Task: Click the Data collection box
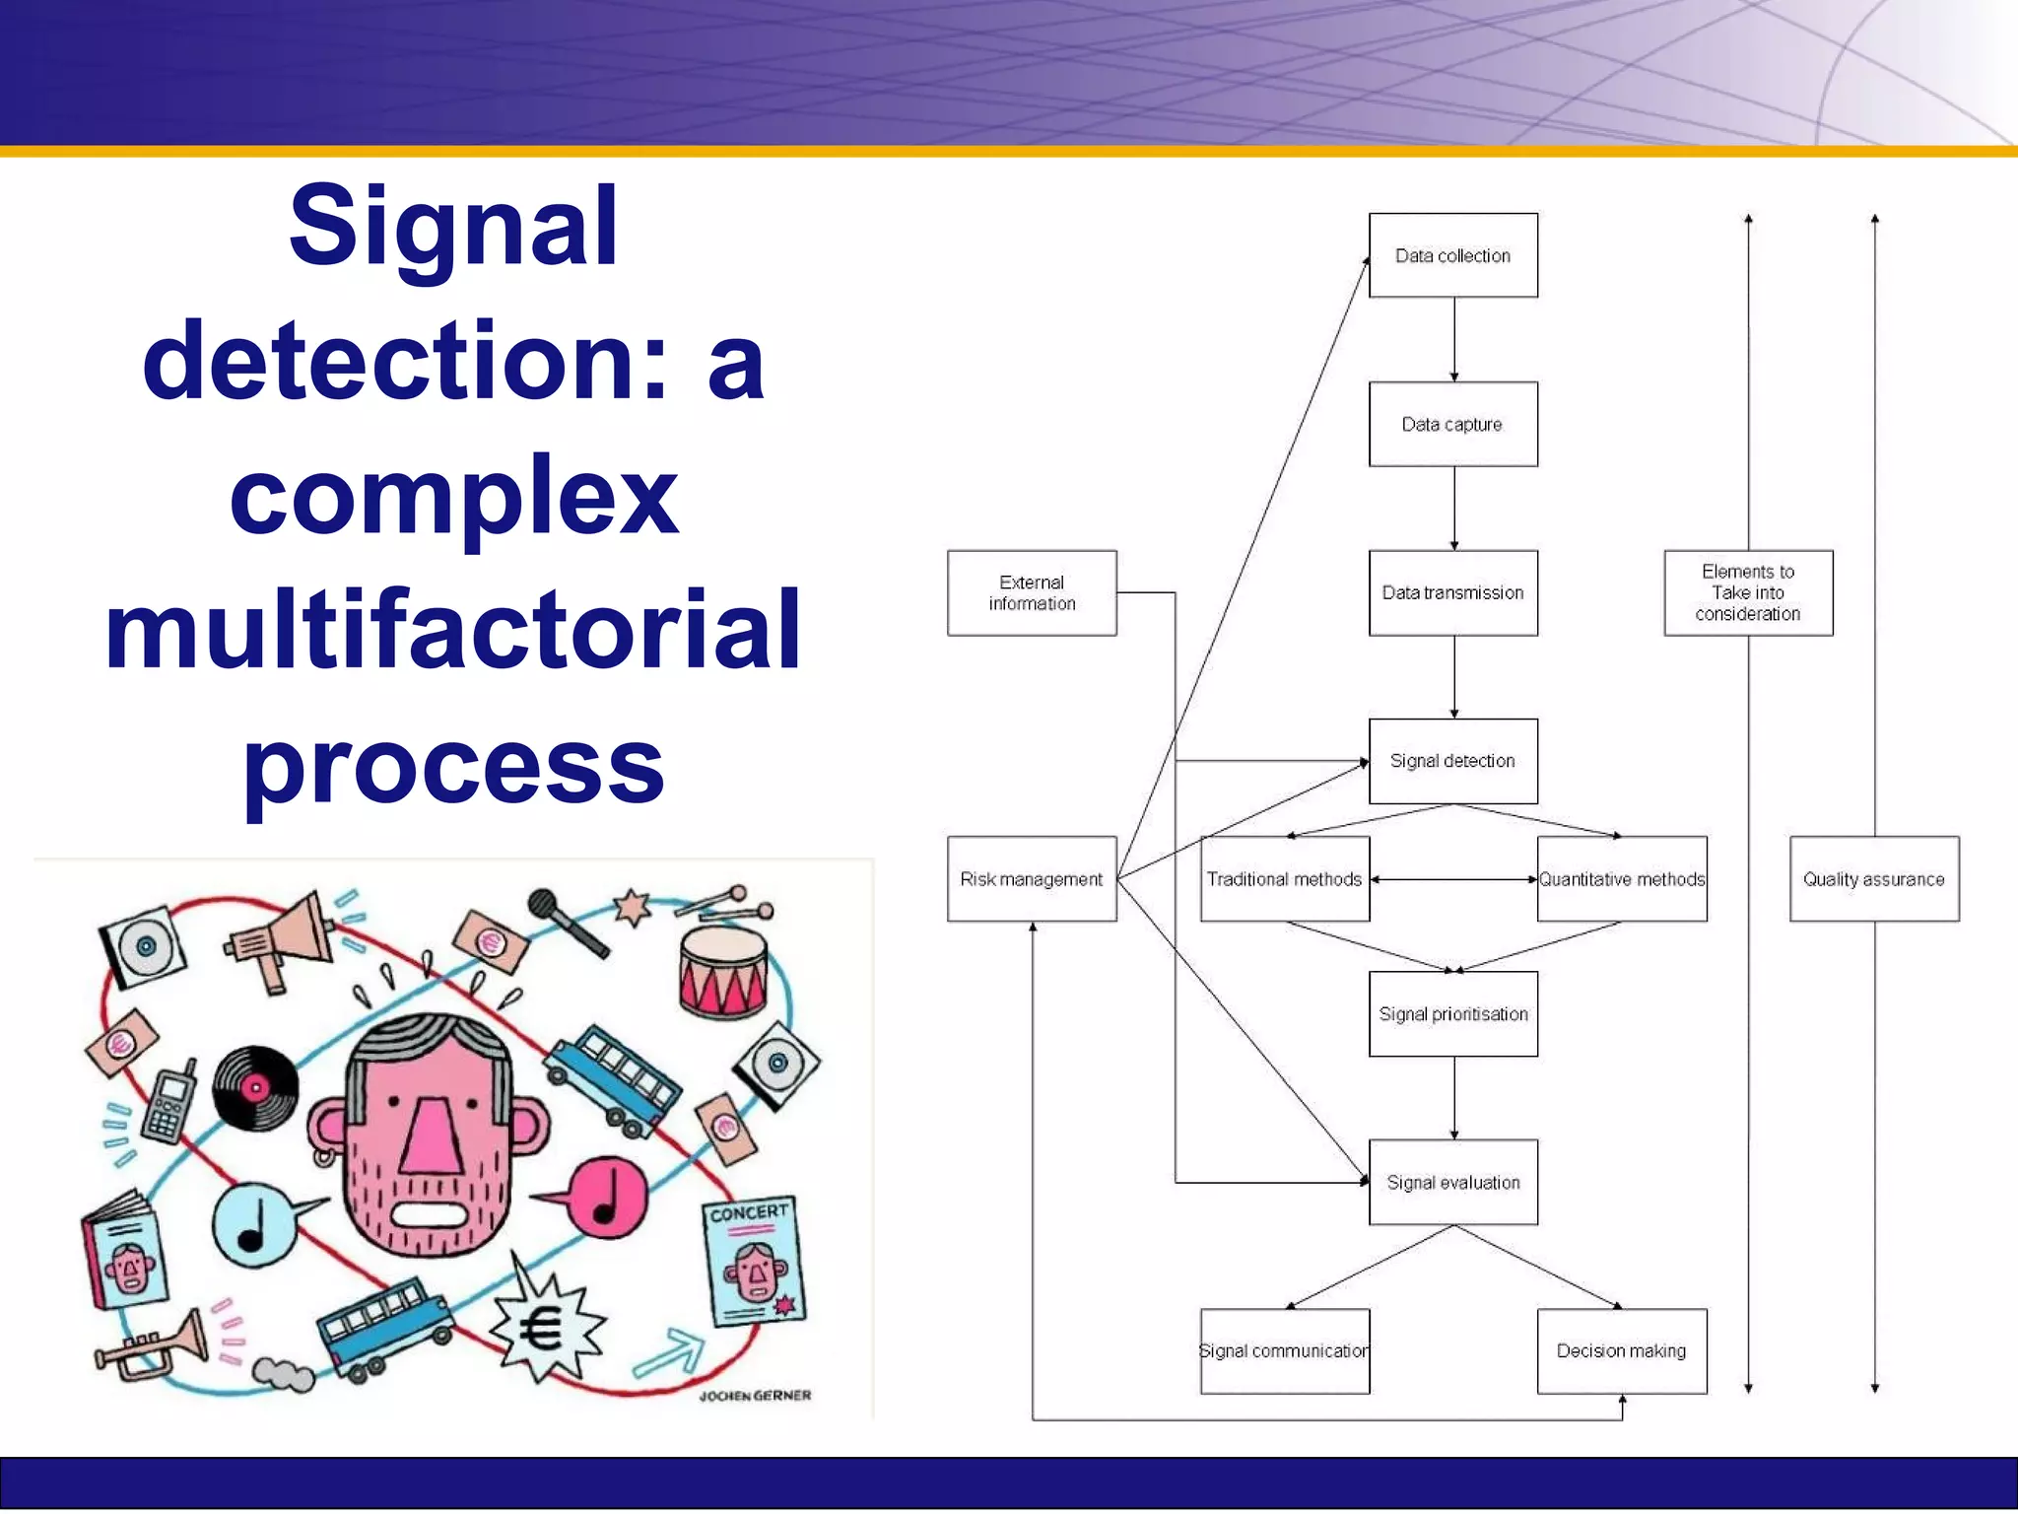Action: coord(1452,255)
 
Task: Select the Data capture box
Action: coord(1452,424)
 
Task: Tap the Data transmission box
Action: coord(1452,592)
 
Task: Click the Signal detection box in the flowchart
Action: coord(1452,761)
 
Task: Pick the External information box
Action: coord(1032,592)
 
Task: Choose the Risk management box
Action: coord(1032,879)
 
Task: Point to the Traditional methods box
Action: coord(1284,879)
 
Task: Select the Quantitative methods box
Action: coord(1622,879)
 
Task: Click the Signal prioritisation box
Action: coord(1452,1014)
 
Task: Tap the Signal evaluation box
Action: coord(1452,1183)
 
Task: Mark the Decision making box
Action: coord(1622,1351)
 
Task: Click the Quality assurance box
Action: coord(1874,879)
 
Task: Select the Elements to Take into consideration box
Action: coord(1748,592)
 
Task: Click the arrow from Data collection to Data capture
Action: coord(1454,340)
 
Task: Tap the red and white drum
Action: coord(723,972)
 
